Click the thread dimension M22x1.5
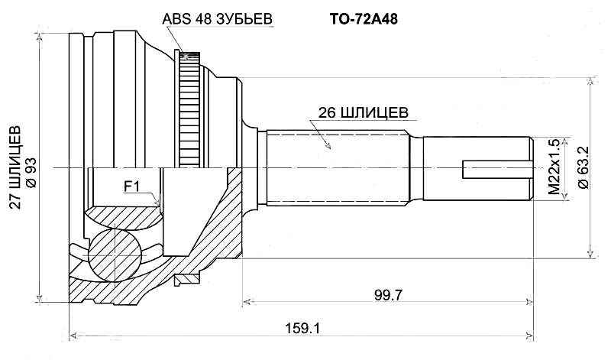[x=554, y=167]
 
